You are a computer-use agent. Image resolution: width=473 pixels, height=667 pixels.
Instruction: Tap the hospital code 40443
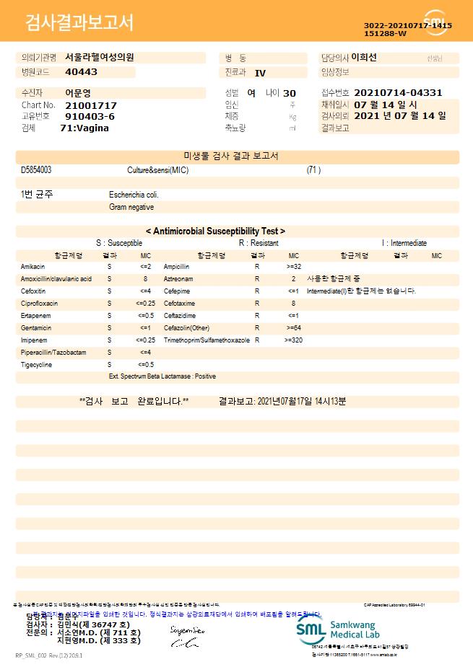click(81, 72)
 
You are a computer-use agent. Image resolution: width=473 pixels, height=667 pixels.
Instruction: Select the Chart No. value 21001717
click(90, 105)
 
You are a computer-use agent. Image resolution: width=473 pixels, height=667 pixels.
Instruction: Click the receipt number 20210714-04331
click(398, 93)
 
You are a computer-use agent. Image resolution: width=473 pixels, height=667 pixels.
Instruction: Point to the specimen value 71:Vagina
click(84, 128)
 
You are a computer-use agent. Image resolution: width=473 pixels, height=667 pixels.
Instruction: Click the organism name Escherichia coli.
click(134, 195)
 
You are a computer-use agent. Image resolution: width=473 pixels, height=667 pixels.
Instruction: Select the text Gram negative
click(131, 207)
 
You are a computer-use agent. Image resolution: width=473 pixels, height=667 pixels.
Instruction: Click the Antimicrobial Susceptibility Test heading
click(215, 231)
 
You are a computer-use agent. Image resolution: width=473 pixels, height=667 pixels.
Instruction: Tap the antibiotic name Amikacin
click(32, 267)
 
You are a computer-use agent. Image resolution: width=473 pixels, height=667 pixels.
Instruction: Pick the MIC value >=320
click(293, 340)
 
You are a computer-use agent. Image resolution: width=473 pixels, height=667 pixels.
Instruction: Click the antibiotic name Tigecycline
click(37, 365)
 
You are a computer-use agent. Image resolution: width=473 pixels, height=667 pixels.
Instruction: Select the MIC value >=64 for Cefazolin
click(293, 327)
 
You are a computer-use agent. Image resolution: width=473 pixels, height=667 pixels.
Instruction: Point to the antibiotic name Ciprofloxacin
click(39, 304)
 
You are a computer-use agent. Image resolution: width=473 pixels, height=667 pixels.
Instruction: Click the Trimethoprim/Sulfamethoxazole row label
click(207, 340)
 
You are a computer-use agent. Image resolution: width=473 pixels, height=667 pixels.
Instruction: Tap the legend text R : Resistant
click(259, 244)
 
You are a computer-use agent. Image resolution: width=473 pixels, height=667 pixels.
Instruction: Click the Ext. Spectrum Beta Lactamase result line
click(162, 376)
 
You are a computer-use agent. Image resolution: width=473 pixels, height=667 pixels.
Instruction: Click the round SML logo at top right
click(435, 22)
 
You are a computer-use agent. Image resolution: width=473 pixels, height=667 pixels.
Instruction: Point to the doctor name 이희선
click(364, 57)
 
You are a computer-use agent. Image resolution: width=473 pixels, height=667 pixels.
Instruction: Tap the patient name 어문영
click(78, 93)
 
